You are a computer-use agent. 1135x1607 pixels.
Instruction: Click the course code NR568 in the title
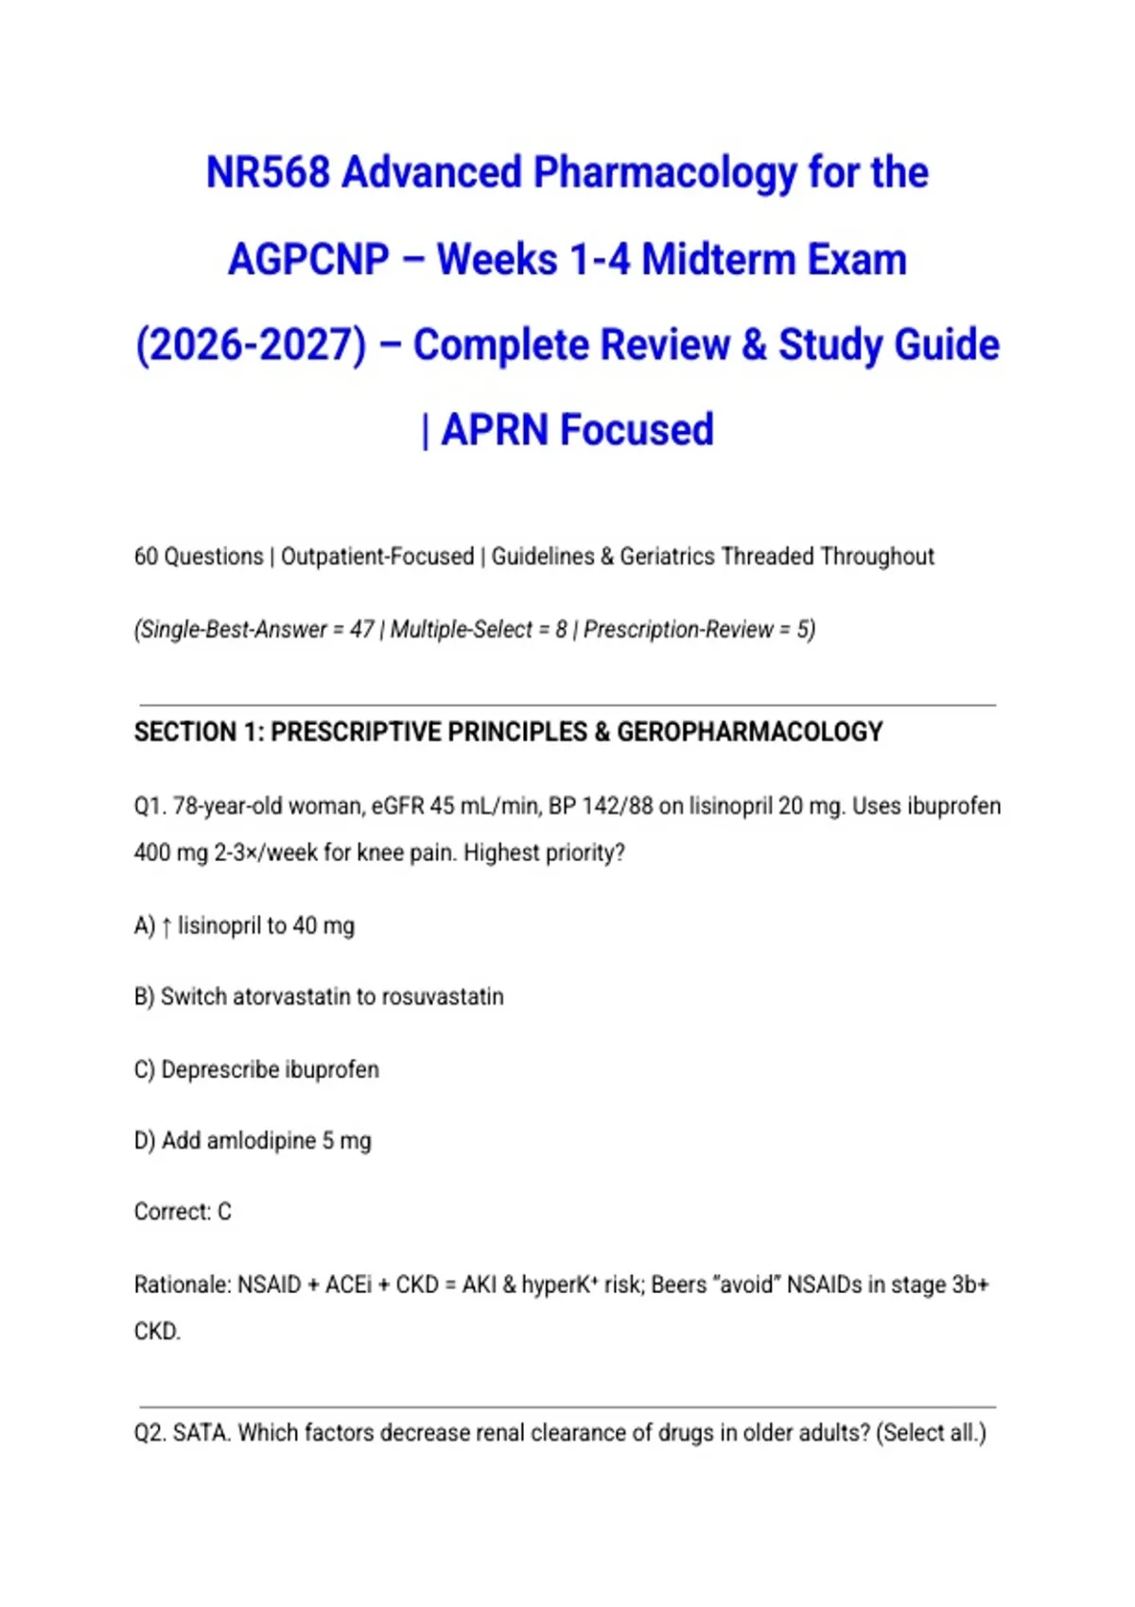[268, 173]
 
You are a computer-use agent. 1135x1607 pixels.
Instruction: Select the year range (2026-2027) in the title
[251, 345]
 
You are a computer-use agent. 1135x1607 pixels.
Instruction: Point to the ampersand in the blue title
[754, 345]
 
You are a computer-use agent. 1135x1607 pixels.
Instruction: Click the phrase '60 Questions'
[199, 557]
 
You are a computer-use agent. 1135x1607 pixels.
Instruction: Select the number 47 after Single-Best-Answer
[361, 630]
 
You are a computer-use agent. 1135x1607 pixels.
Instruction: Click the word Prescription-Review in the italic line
[678, 630]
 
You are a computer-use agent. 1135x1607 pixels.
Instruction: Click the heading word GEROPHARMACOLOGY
[749, 733]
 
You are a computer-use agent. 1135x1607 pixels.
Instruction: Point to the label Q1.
[148, 806]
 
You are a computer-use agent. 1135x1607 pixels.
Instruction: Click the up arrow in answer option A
[166, 926]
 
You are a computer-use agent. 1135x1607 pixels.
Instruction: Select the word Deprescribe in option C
[220, 1070]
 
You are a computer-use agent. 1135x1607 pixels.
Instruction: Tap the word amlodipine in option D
[261, 1141]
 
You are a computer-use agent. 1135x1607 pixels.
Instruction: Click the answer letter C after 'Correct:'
[224, 1212]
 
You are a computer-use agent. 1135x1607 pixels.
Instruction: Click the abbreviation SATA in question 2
[201, 1433]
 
